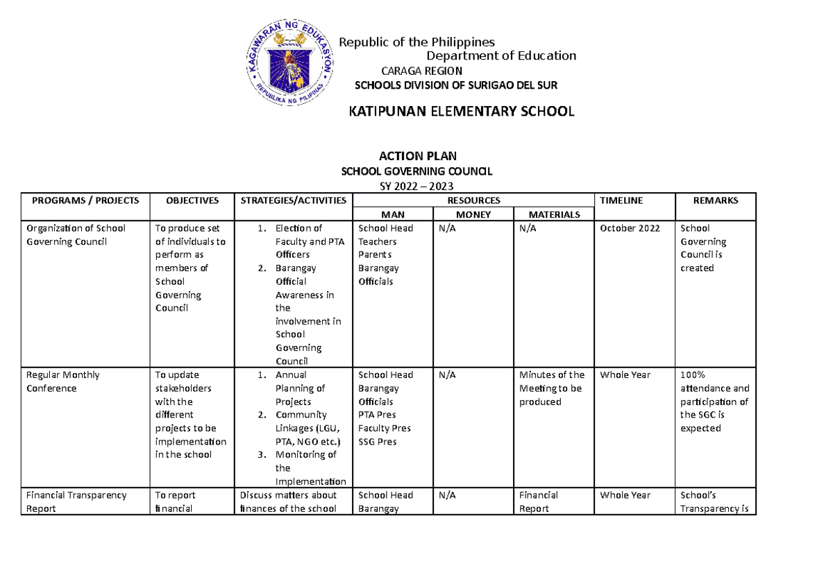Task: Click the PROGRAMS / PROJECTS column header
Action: click(86, 200)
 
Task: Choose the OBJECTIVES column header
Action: click(192, 200)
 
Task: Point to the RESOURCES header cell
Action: click(473, 200)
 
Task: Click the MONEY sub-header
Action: click(473, 215)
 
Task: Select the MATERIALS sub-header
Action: click(554, 215)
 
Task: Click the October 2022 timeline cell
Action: click(630, 228)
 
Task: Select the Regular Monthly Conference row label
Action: click(62, 381)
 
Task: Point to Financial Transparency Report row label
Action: click(76, 501)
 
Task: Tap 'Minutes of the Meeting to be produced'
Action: click(552, 388)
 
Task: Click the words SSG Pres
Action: click(378, 442)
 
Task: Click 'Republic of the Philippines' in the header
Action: click(416, 42)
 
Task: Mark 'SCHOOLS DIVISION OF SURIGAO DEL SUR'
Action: click(456, 85)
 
